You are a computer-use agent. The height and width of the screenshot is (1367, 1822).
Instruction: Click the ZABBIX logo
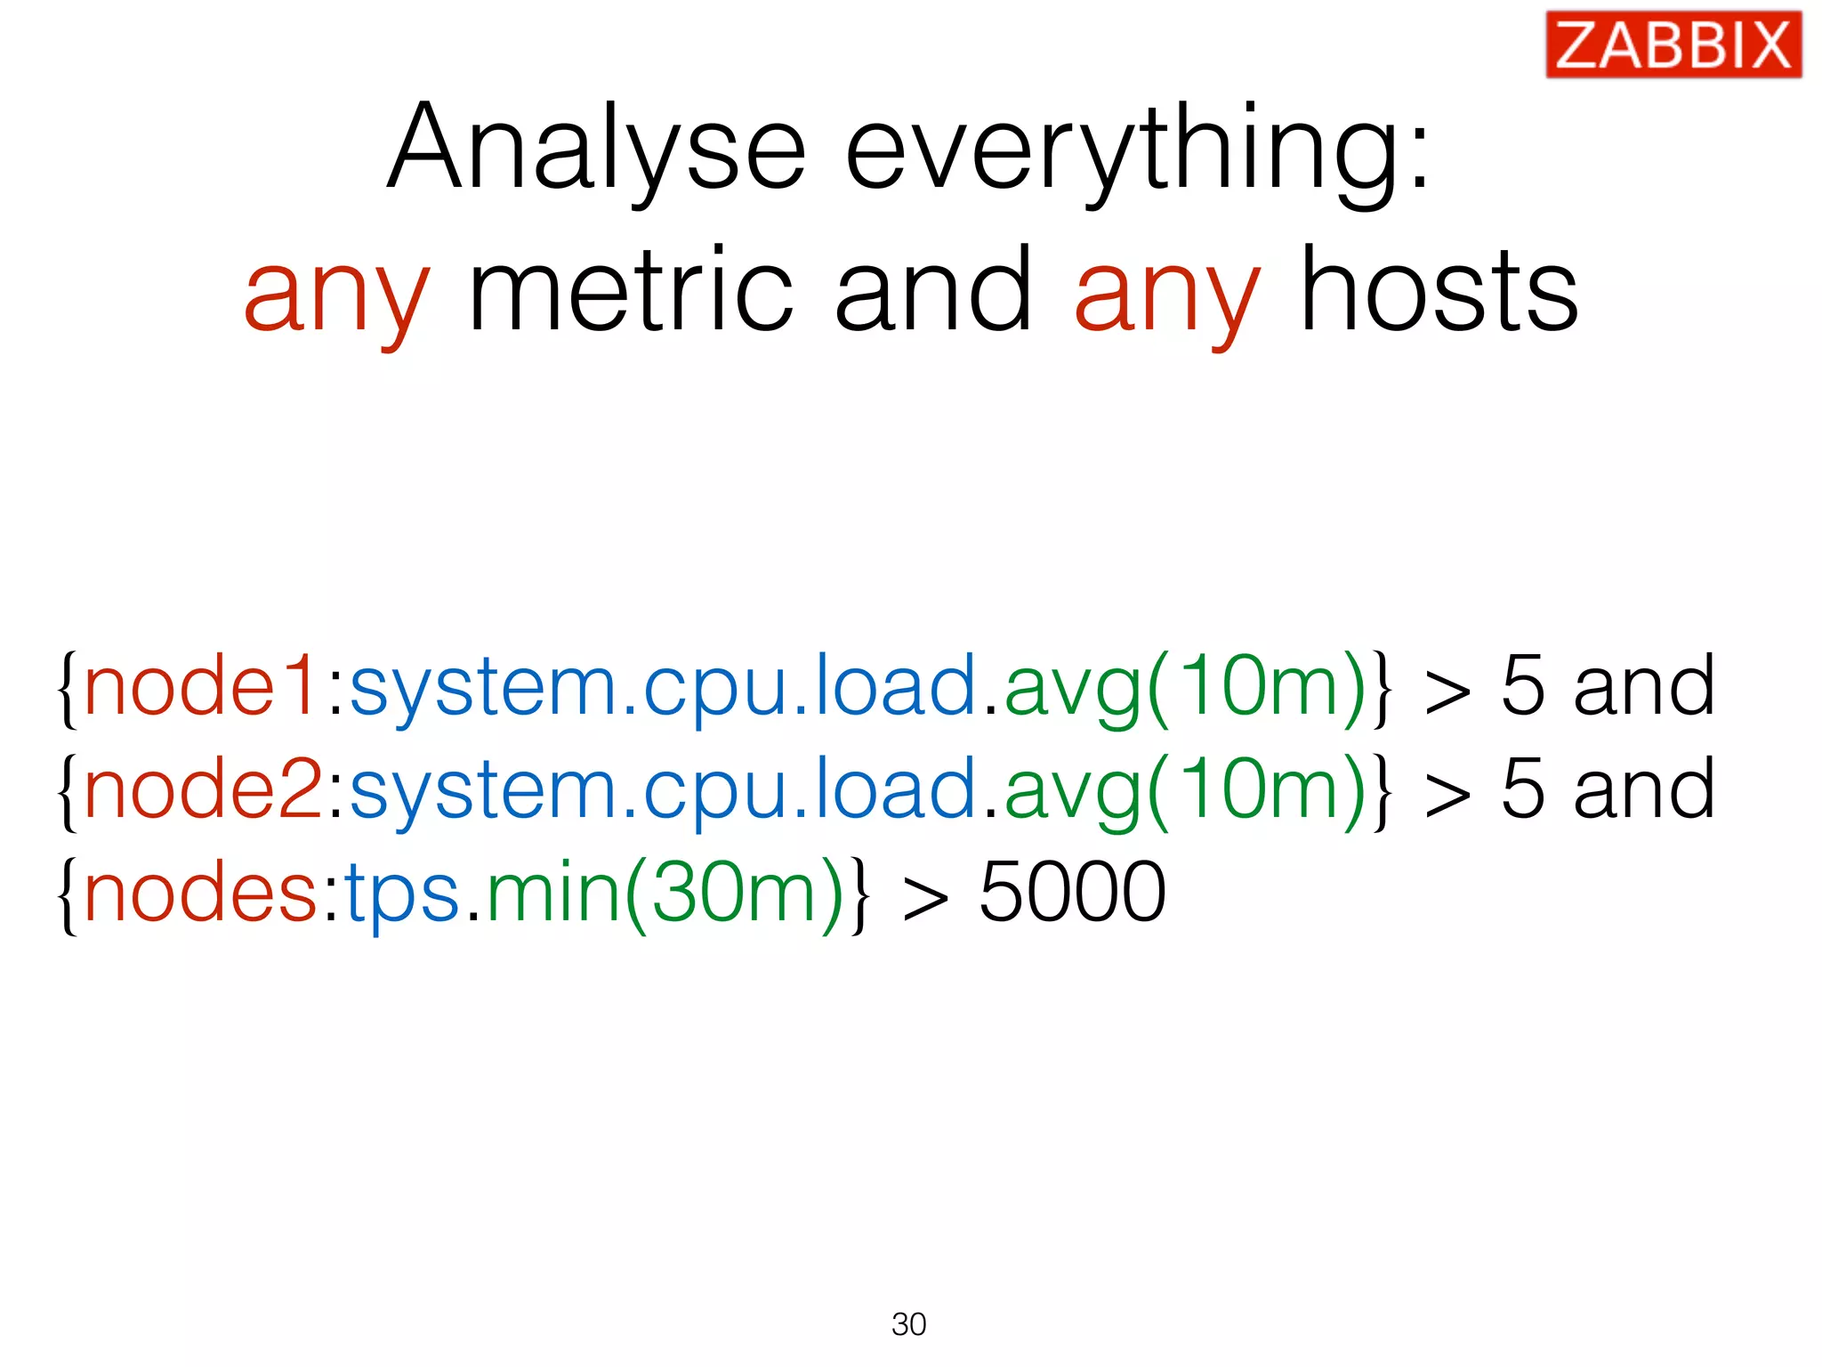pyautogui.click(x=1673, y=44)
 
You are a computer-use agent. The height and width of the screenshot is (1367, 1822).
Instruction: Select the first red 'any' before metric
pyautogui.click(x=337, y=294)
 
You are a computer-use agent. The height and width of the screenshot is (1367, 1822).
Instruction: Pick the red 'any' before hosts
pyautogui.click(x=1167, y=294)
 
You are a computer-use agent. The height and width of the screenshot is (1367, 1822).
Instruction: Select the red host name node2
pyautogui.click(x=203, y=789)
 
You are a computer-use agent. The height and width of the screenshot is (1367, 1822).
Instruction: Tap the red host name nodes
pyautogui.click(x=199, y=892)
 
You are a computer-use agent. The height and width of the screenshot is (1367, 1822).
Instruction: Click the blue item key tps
pyautogui.click(x=402, y=892)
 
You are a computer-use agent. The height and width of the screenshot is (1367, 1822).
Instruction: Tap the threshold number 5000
pyautogui.click(x=1072, y=892)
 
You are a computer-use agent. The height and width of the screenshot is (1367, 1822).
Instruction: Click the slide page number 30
pyautogui.click(x=908, y=1324)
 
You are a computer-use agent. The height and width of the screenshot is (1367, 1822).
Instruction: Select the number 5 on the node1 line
pyautogui.click(x=1522, y=685)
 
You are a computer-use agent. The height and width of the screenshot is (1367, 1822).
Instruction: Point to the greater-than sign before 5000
pyautogui.click(x=925, y=897)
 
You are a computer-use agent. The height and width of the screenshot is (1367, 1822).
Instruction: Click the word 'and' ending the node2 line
pyautogui.click(x=1644, y=789)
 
